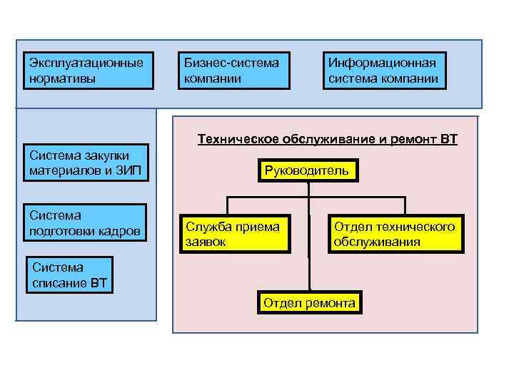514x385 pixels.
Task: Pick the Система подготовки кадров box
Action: [86, 222]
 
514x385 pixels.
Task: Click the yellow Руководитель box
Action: [307, 170]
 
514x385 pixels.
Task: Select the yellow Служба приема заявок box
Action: [235, 233]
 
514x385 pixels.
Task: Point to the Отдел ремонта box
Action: [309, 303]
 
